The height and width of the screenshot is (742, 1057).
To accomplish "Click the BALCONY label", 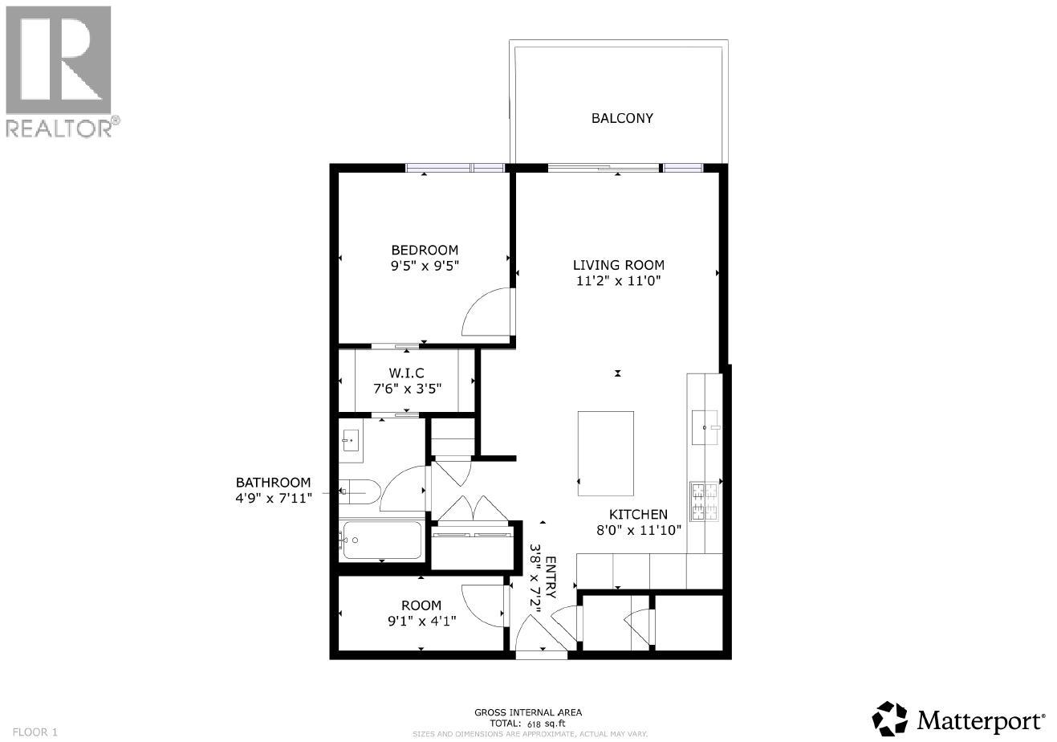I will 622,118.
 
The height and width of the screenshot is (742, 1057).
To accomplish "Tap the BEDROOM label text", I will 425,250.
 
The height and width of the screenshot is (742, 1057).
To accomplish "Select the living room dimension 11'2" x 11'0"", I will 618,280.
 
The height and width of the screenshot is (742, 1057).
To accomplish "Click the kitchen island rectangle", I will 606,455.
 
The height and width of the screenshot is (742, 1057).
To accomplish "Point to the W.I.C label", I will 406,372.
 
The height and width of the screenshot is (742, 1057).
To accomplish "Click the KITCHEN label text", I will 638,514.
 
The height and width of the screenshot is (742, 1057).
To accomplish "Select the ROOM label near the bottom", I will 421,605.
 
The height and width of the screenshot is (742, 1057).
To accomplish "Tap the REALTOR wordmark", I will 61,127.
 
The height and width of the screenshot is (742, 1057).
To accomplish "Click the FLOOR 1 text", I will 31,732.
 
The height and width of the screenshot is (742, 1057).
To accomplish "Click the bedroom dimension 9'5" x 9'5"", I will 425,264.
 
